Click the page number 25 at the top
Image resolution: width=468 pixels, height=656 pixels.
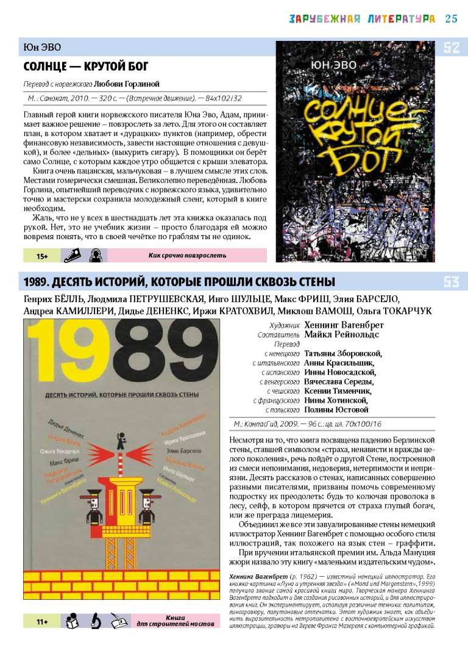click(x=452, y=18)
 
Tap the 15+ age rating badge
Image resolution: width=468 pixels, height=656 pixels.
click(x=42, y=256)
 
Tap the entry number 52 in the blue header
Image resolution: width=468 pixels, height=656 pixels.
click(x=452, y=48)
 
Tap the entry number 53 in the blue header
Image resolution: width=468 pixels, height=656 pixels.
click(x=452, y=282)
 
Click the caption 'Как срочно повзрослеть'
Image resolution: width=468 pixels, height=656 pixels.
click(x=187, y=256)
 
